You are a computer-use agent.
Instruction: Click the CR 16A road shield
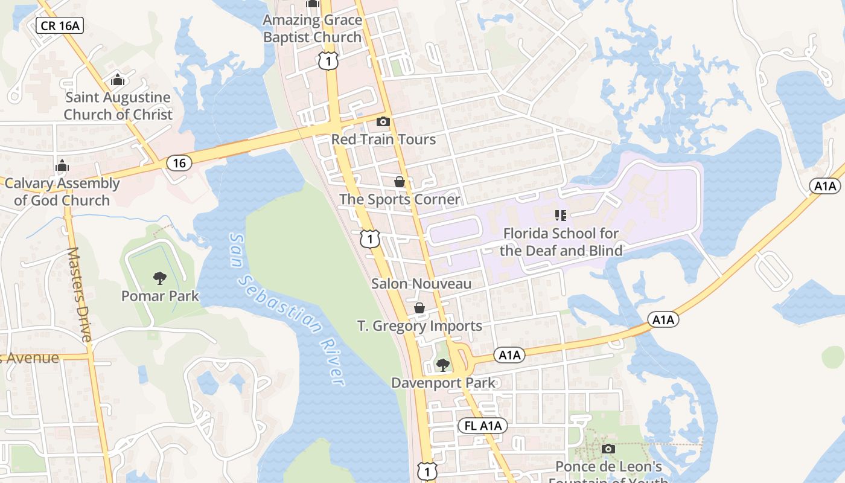pos(60,25)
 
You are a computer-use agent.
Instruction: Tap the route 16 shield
pos(179,162)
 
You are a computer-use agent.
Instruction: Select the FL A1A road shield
pos(483,426)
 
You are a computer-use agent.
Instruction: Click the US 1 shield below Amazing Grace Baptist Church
pos(328,61)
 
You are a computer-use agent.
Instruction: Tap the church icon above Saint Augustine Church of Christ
pos(118,80)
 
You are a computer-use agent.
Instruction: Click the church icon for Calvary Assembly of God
pos(62,165)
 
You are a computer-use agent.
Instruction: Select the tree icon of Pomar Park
pos(160,278)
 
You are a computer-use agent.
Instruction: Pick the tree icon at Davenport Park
pos(442,365)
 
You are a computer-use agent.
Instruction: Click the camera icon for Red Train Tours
pos(383,122)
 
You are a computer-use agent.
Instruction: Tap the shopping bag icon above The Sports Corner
pos(399,181)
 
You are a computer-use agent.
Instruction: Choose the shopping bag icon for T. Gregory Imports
pos(419,308)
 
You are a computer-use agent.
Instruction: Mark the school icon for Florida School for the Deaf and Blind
pos(560,215)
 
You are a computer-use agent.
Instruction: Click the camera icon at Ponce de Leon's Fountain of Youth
pos(608,449)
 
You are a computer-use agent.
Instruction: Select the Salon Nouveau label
pos(421,284)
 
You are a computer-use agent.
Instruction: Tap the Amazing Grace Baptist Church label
pos(312,28)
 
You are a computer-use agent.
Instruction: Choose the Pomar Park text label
pos(160,296)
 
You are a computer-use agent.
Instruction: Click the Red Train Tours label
pos(383,139)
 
